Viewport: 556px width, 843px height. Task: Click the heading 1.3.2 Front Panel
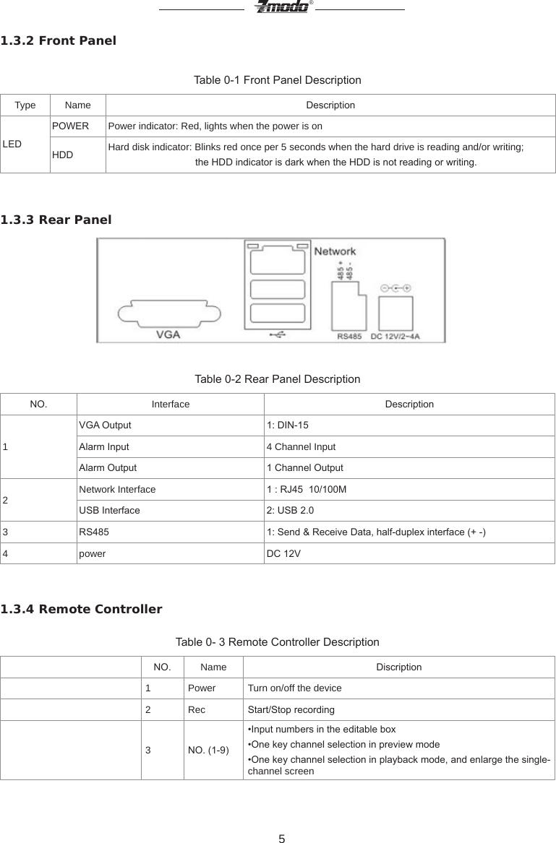pos(58,40)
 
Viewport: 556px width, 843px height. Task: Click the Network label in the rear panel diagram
pos(335,251)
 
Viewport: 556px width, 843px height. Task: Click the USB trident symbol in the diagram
pos(276,334)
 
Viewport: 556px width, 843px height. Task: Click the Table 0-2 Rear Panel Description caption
pos(278,379)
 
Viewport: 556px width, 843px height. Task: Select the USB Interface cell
pos(109,511)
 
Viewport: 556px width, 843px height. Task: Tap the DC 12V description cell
pos(284,553)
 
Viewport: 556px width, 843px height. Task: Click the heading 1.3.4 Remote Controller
pos(82,609)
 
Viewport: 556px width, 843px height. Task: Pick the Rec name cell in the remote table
pos(197,709)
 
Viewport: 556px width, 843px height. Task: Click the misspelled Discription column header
pos(398,667)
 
